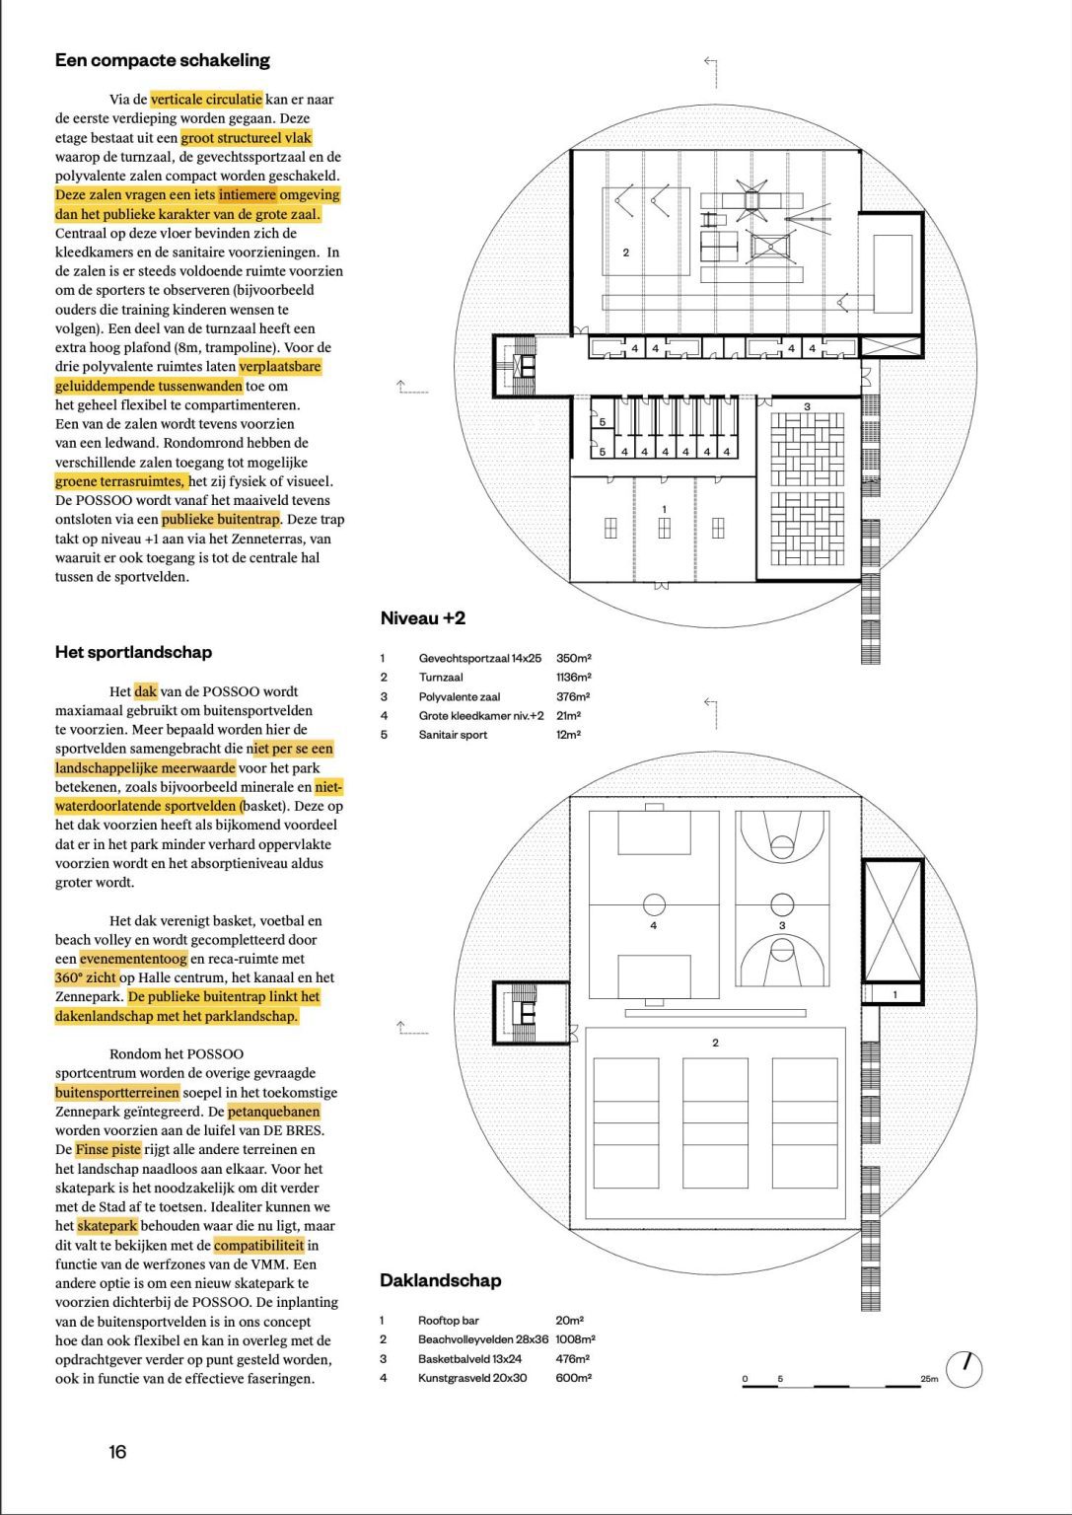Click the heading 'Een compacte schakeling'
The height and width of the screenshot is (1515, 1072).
point(162,60)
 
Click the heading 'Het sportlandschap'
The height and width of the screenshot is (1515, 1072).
point(133,652)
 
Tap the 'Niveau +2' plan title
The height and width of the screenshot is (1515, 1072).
point(422,618)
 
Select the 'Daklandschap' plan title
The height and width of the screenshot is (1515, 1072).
point(440,1280)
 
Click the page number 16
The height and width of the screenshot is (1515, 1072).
point(117,1451)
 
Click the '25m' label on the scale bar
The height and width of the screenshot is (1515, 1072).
point(929,1378)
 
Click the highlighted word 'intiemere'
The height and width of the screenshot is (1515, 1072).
point(248,195)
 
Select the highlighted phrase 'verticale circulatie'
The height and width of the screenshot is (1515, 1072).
point(206,100)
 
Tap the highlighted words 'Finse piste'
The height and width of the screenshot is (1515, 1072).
point(107,1150)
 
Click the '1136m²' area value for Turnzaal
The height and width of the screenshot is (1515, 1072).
point(573,678)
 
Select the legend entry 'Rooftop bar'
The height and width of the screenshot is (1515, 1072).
point(447,1320)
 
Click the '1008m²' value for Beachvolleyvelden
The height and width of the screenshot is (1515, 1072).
point(575,1339)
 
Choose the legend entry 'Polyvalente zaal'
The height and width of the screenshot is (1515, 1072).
point(455,696)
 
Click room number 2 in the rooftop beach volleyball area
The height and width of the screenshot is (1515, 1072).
point(715,1043)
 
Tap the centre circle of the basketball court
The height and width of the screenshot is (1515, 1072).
point(782,903)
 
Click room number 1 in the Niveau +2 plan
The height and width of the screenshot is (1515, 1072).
point(664,509)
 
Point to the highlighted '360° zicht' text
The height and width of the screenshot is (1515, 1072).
point(86,977)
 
